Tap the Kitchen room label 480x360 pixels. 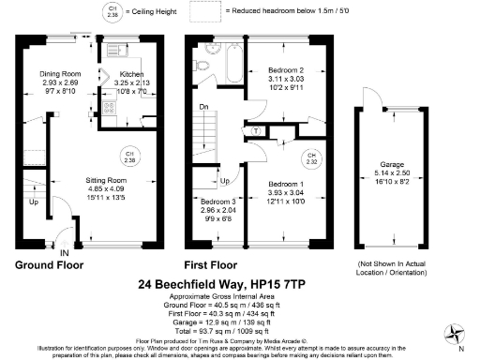130,74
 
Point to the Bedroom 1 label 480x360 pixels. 286,185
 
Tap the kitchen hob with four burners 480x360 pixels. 109,109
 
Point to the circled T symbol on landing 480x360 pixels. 258,131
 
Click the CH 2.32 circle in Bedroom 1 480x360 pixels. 310,158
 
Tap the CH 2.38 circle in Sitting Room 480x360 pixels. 130,156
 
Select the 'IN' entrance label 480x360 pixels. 65,252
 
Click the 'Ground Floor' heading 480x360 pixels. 50,265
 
